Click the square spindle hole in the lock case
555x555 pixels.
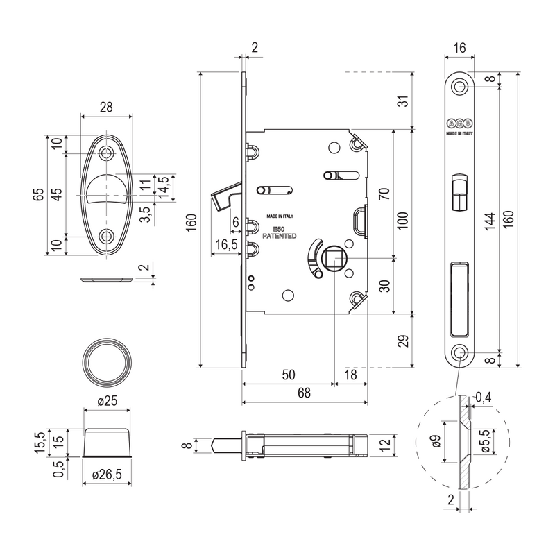pyautogui.click(x=334, y=258)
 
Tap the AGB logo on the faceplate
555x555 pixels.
pyautogui.click(x=459, y=123)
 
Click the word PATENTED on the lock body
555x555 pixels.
pyautogui.click(x=280, y=236)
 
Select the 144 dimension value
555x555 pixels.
pyautogui.click(x=490, y=221)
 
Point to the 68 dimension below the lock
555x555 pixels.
pyautogui.click(x=304, y=393)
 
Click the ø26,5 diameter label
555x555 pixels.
pyautogui.click(x=107, y=475)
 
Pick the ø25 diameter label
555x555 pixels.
pyautogui.click(x=107, y=401)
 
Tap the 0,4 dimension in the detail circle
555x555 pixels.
pyautogui.click(x=484, y=397)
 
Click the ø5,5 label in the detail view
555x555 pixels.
pyautogui.click(x=486, y=441)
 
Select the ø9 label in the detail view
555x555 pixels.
pyautogui.click(x=436, y=441)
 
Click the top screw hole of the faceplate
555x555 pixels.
pyautogui.click(x=459, y=86)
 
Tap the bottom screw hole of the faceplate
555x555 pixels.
pyautogui.click(x=459, y=353)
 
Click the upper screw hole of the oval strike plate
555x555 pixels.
pyautogui.click(x=106, y=153)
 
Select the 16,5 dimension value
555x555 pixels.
pyautogui.click(x=227, y=244)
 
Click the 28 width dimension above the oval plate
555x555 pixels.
pyautogui.click(x=106, y=107)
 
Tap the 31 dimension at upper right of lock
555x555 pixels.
pyautogui.click(x=403, y=101)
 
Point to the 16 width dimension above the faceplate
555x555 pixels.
pyautogui.click(x=459, y=48)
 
